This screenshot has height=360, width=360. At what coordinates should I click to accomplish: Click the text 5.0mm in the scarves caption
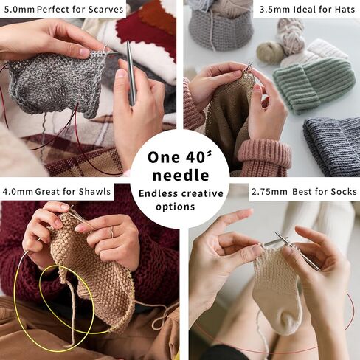click(x=19, y=10)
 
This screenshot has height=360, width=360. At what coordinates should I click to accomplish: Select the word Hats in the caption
click(x=345, y=10)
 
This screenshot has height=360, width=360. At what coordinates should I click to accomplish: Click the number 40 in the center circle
click(x=195, y=157)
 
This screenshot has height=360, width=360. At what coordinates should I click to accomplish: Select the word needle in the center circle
click(x=181, y=176)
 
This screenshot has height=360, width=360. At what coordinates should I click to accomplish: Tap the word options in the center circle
click(x=176, y=207)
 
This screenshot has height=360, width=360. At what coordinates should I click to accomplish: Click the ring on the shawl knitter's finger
click(x=111, y=232)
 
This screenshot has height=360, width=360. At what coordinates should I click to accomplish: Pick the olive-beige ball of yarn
click(x=270, y=52)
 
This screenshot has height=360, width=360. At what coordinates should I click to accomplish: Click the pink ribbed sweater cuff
click(x=264, y=157)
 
